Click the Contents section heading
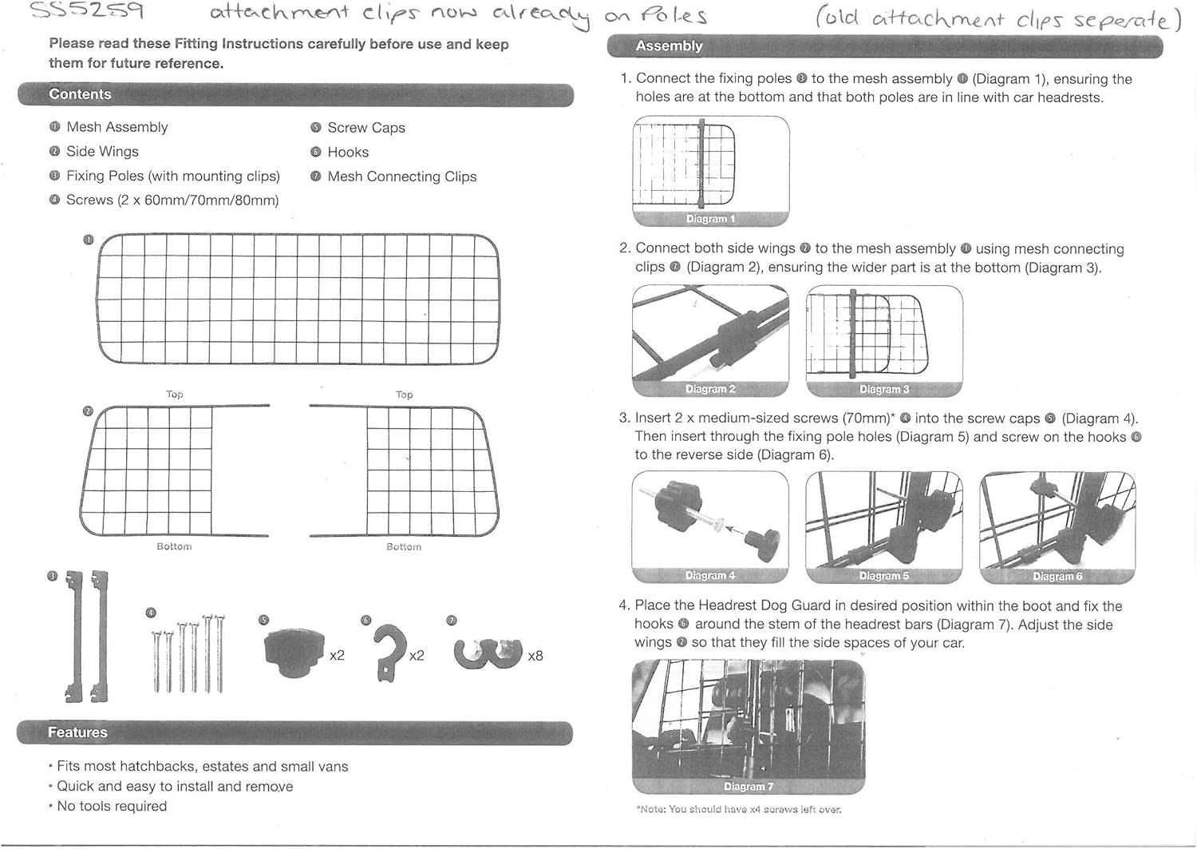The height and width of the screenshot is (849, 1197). [80, 94]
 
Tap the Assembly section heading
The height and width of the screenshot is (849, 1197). [669, 46]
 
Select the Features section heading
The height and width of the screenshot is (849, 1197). [77, 732]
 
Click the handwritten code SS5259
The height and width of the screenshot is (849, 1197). [86, 12]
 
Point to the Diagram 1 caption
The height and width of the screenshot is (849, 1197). [710, 219]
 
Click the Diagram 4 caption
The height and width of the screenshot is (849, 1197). [709, 575]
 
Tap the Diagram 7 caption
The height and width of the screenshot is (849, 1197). [748, 787]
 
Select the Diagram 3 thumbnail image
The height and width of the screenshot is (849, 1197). [884, 335]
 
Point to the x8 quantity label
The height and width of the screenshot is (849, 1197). [535, 656]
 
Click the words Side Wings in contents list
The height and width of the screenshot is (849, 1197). [102, 152]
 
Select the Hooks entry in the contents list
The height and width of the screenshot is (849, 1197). [348, 152]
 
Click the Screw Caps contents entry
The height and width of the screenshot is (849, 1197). [366, 128]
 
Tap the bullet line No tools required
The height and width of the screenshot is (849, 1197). [112, 806]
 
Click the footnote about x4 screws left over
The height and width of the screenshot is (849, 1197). [738, 809]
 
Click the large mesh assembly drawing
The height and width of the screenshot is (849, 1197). [298, 298]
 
